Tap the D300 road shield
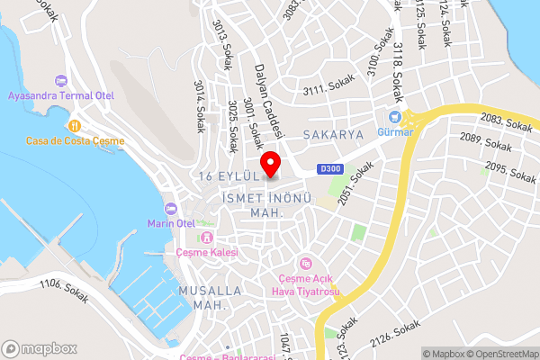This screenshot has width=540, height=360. point(330,168)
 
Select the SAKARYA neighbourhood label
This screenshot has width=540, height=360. point(332,134)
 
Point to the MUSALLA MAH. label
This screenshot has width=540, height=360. point(210,298)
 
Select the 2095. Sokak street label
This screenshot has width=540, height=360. point(509,167)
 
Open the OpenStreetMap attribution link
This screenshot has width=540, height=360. point(502,354)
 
